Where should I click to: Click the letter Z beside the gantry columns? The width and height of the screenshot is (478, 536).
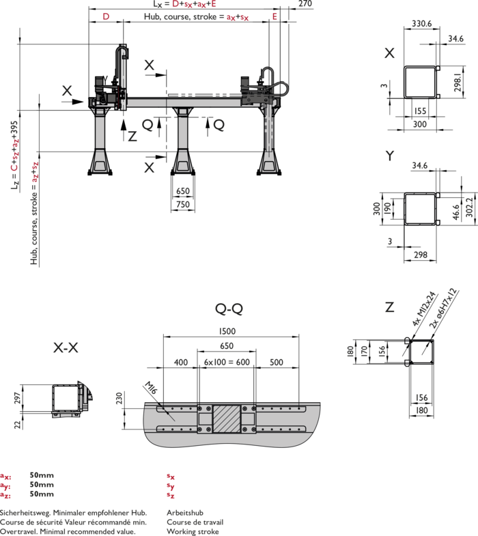(x=132, y=137)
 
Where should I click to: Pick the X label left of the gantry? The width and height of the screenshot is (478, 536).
(x=67, y=91)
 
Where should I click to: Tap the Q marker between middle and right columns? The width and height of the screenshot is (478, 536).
(x=219, y=124)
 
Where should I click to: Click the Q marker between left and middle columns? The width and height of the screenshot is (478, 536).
(x=147, y=124)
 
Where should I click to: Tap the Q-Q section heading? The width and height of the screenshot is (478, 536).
(x=229, y=309)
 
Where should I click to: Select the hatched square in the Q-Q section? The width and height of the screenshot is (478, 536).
(x=227, y=418)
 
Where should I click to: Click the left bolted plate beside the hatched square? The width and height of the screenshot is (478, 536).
(x=205, y=418)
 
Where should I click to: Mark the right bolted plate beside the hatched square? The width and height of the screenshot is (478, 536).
(x=249, y=418)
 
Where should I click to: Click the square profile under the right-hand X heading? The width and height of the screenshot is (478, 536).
(x=420, y=83)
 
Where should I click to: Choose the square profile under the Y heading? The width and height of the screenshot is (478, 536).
(x=420, y=209)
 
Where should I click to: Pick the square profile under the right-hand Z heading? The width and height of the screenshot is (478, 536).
(x=421, y=352)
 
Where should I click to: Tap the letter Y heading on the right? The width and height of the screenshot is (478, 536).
(x=390, y=156)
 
